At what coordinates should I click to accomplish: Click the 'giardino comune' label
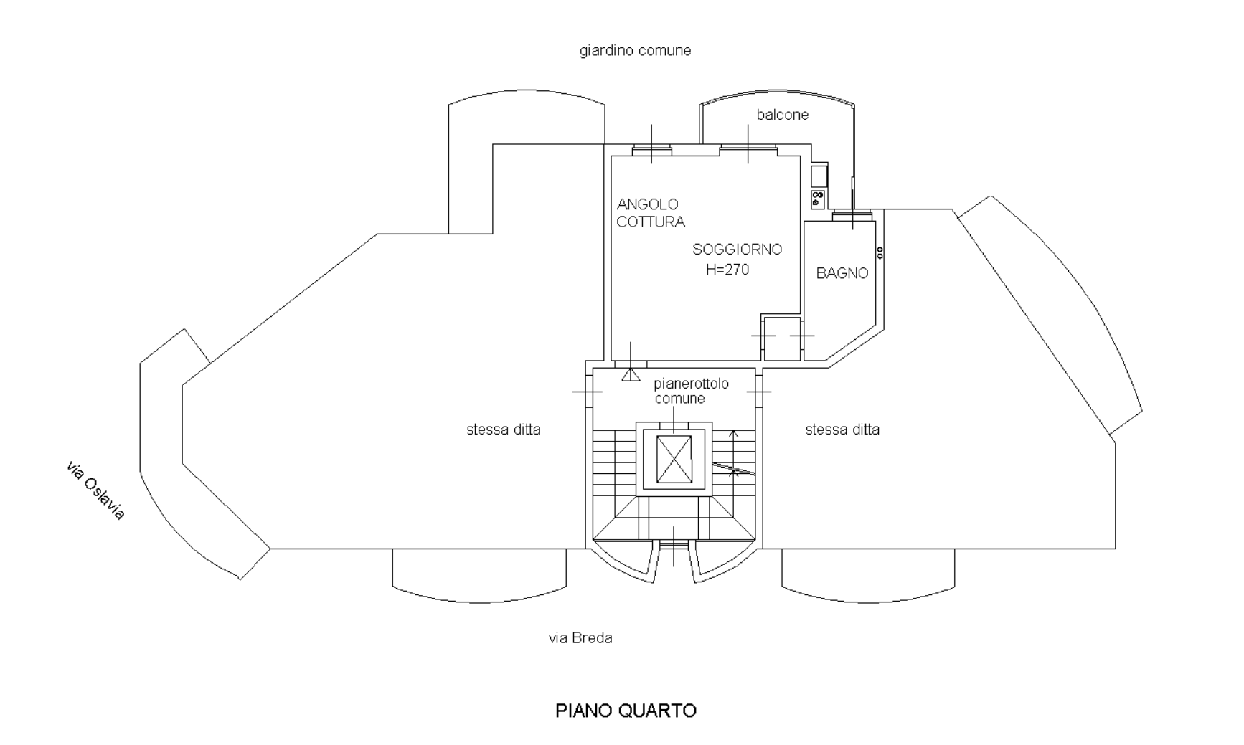(x=635, y=51)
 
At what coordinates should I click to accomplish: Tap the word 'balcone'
(x=782, y=115)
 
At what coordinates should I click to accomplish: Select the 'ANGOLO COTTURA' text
(x=650, y=213)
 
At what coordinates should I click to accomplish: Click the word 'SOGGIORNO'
(x=737, y=250)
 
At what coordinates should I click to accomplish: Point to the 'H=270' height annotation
(x=727, y=270)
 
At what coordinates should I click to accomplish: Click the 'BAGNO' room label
(x=842, y=273)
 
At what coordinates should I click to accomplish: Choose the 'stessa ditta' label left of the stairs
(x=503, y=430)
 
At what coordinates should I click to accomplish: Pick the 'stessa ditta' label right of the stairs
(x=842, y=430)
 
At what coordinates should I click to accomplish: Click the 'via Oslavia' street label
(x=95, y=490)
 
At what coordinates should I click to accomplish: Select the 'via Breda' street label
(x=580, y=638)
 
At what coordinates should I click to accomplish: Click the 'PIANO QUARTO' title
(x=626, y=711)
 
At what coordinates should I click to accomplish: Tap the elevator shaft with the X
(x=674, y=459)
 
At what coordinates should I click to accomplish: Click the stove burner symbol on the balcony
(x=818, y=199)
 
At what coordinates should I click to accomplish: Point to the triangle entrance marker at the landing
(x=631, y=374)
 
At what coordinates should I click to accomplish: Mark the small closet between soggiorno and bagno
(x=781, y=338)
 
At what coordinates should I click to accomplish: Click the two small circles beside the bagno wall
(x=880, y=253)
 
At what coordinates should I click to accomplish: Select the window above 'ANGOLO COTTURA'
(x=651, y=150)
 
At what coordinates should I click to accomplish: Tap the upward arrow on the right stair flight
(x=732, y=435)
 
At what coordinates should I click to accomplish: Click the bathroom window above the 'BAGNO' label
(x=852, y=214)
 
